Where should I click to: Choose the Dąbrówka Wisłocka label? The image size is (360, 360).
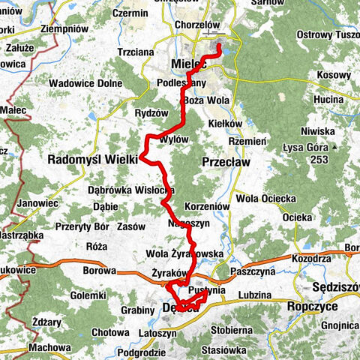tap(131, 190)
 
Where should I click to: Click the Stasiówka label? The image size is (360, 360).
tap(235, 349)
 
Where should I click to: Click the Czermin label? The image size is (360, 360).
tap(130, 13)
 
